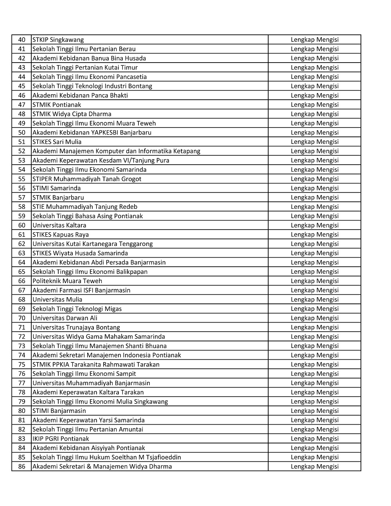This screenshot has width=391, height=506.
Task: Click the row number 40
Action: [22, 39]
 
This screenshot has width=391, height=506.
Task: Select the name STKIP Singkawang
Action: [58, 39]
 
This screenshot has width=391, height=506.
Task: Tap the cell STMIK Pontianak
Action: [57, 104]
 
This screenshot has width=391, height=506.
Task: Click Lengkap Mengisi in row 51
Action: [314, 142]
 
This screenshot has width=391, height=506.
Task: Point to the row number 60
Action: [22, 225]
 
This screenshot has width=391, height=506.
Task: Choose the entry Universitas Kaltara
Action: [59, 225]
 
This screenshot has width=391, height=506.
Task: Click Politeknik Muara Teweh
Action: [67, 281]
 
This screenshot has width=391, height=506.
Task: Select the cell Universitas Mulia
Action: [57, 300]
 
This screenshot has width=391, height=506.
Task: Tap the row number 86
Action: [22, 467]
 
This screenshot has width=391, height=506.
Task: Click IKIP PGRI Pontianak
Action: [61, 439]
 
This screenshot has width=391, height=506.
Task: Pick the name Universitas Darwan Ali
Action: [65, 318]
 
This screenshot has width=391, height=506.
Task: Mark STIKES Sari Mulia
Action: [57, 142]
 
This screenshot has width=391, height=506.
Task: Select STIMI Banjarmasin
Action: [59, 411]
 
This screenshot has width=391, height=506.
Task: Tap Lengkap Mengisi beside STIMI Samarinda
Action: [314, 188]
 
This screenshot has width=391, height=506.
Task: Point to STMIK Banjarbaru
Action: [58, 197]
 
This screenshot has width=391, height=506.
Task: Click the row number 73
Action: [22, 346]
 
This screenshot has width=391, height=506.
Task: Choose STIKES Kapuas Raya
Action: [60, 235]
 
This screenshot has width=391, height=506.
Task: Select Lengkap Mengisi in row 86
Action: [314, 467]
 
